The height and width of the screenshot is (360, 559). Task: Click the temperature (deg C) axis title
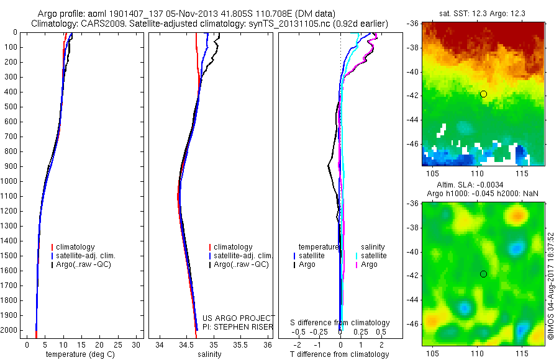(78, 354)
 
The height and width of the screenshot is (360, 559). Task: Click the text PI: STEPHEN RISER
(238, 326)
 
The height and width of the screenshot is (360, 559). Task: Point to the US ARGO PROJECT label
(238, 318)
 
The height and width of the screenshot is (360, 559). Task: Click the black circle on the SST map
(483, 94)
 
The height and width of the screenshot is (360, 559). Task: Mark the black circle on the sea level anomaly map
(483, 274)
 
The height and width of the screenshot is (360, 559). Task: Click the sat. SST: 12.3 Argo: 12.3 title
(483, 14)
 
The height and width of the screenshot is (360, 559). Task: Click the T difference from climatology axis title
(340, 354)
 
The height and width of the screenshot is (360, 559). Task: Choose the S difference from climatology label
(340, 323)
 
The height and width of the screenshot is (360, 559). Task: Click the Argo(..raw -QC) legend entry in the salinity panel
(241, 264)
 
